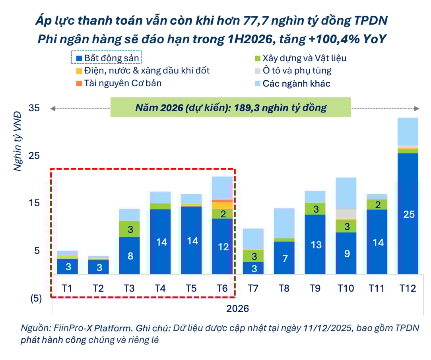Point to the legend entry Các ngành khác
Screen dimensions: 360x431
pyautogui.click(x=292, y=83)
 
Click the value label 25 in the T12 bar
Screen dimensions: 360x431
pyautogui.click(x=409, y=215)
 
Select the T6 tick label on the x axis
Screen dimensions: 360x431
pyautogui.click(x=223, y=288)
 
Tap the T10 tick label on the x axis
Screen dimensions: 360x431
pyautogui.click(x=346, y=288)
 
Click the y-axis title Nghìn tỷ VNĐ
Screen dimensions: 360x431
pyautogui.click(x=18, y=141)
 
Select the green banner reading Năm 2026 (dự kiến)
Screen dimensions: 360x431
pyautogui.click(x=231, y=108)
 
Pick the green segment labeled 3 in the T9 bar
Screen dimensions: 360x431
pyautogui.click(x=315, y=209)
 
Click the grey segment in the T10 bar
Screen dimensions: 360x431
pyautogui.click(x=346, y=214)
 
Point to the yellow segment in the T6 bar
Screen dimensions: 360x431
pyautogui.click(x=223, y=206)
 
